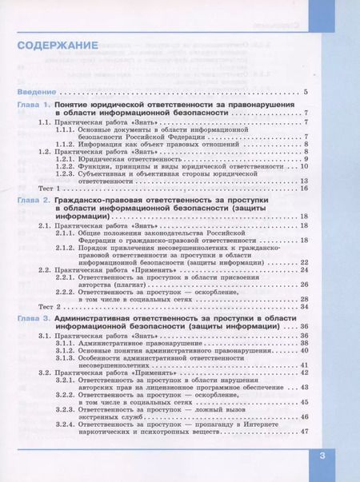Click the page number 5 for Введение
pos(306,93)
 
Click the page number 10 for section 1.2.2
pos(304,166)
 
